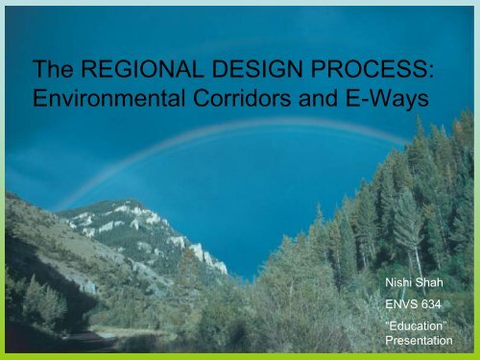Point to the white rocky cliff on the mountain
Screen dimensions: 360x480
click(x=197, y=252)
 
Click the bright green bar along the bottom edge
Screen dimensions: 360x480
click(x=240, y=355)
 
